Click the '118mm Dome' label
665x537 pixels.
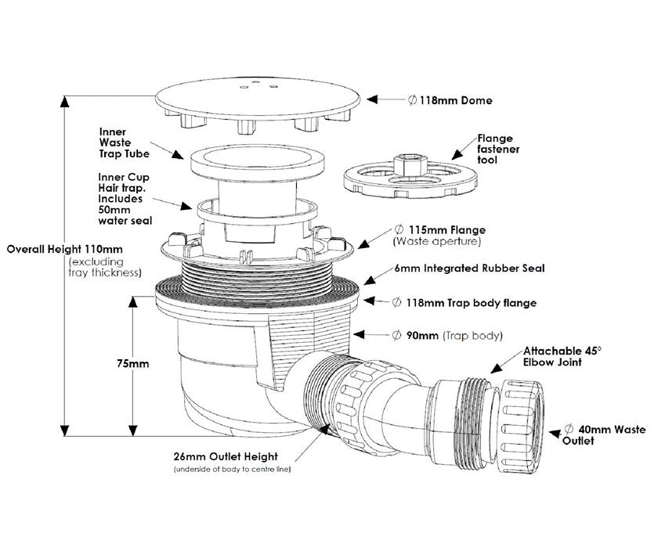click(x=450, y=100)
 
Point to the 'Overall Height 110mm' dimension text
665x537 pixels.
click(x=67, y=249)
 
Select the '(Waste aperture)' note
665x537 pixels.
click(x=436, y=243)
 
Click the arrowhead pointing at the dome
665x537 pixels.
click(x=374, y=100)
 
